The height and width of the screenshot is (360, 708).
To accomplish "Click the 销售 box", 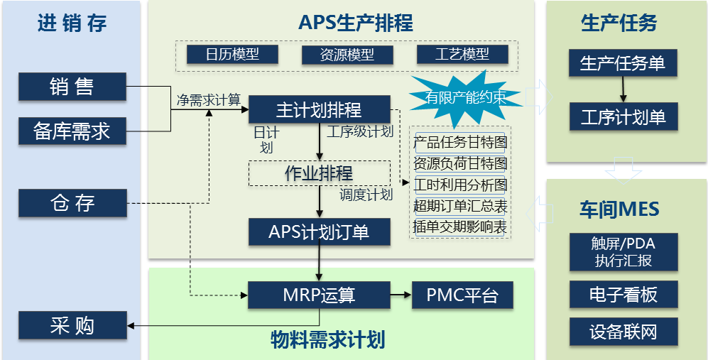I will [72, 87].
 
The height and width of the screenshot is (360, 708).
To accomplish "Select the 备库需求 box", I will [72, 131].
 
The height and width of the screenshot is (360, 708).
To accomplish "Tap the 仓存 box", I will [72, 203].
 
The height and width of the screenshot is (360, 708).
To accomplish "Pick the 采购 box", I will [72, 326].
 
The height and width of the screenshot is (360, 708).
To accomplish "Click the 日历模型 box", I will [232, 54].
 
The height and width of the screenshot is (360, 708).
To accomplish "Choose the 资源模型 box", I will [347, 54].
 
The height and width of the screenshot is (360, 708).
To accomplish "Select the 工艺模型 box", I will [462, 54].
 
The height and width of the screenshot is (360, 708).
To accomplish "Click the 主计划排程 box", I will [319, 110].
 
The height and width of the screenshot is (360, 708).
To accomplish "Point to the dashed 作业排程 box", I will [319, 173].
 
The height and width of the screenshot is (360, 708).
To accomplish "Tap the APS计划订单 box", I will [319, 232].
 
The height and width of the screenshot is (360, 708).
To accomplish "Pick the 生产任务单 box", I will [623, 63].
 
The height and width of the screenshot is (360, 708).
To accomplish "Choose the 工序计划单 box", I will [623, 116].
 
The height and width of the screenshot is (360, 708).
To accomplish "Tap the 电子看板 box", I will [623, 294].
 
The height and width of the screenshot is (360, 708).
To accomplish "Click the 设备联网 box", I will [623, 332].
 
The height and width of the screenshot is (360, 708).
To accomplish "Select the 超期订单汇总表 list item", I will [460, 207].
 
